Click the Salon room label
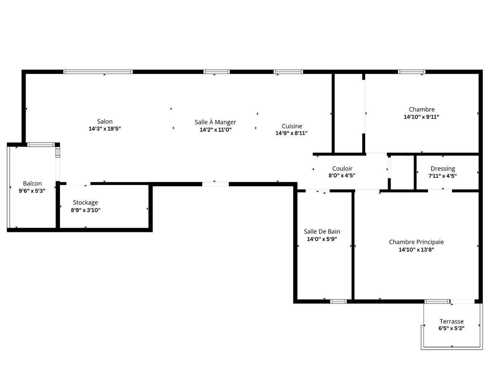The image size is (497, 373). click(x=105, y=121)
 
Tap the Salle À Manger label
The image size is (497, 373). click(x=215, y=122)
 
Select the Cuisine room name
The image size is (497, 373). click(x=292, y=126)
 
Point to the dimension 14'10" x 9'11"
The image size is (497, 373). click(x=421, y=117)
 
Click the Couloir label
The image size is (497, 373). click(x=342, y=169)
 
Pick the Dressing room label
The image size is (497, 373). click(x=443, y=169)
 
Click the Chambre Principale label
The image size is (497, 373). click(x=416, y=242)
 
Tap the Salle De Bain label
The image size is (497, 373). click(x=322, y=231)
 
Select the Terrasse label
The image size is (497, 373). click(x=451, y=321)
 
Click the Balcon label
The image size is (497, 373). click(x=32, y=184)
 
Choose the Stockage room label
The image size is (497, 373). click(x=86, y=203)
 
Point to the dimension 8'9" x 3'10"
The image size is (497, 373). click(x=86, y=210)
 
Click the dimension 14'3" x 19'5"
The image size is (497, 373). click(x=105, y=129)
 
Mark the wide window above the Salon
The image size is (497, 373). click(x=98, y=72)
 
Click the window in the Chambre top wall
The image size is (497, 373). click(x=411, y=72)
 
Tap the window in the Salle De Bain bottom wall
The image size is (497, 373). click(x=338, y=301)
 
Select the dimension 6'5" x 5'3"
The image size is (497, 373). click(x=451, y=328)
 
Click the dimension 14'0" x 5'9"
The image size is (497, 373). click(x=322, y=239)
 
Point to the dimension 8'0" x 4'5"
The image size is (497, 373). click(x=342, y=176)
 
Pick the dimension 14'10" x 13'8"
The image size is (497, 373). click(x=416, y=250)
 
